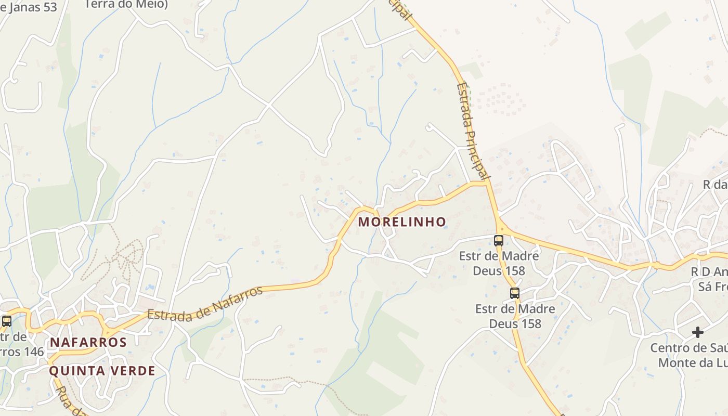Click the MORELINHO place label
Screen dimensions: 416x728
click(x=402, y=222)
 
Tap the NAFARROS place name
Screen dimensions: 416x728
click(x=88, y=342)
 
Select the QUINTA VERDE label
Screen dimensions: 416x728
click(x=102, y=371)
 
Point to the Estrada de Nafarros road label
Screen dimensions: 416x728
click(x=205, y=303)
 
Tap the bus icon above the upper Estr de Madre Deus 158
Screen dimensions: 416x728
click(x=499, y=240)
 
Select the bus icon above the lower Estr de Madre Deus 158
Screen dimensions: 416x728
click(x=515, y=293)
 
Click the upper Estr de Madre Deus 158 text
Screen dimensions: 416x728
click(x=499, y=263)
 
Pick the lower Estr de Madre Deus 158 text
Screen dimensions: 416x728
click(x=515, y=316)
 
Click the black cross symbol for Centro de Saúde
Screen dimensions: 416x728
click(x=698, y=332)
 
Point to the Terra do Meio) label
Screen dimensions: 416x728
click(x=126, y=5)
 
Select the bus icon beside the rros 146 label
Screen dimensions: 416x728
click(x=7, y=321)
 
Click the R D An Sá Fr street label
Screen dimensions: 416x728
click(x=708, y=279)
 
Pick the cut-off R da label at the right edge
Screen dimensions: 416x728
click(x=715, y=185)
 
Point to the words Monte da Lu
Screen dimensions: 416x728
click(x=693, y=362)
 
